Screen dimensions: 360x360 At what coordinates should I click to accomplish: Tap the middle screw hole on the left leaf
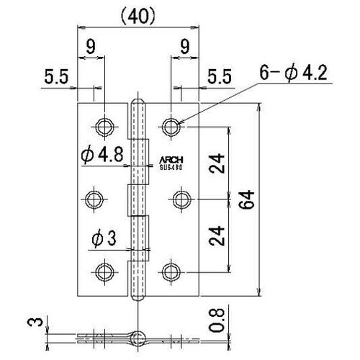point(99,198)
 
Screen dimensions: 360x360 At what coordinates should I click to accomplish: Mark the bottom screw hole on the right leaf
point(171,271)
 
